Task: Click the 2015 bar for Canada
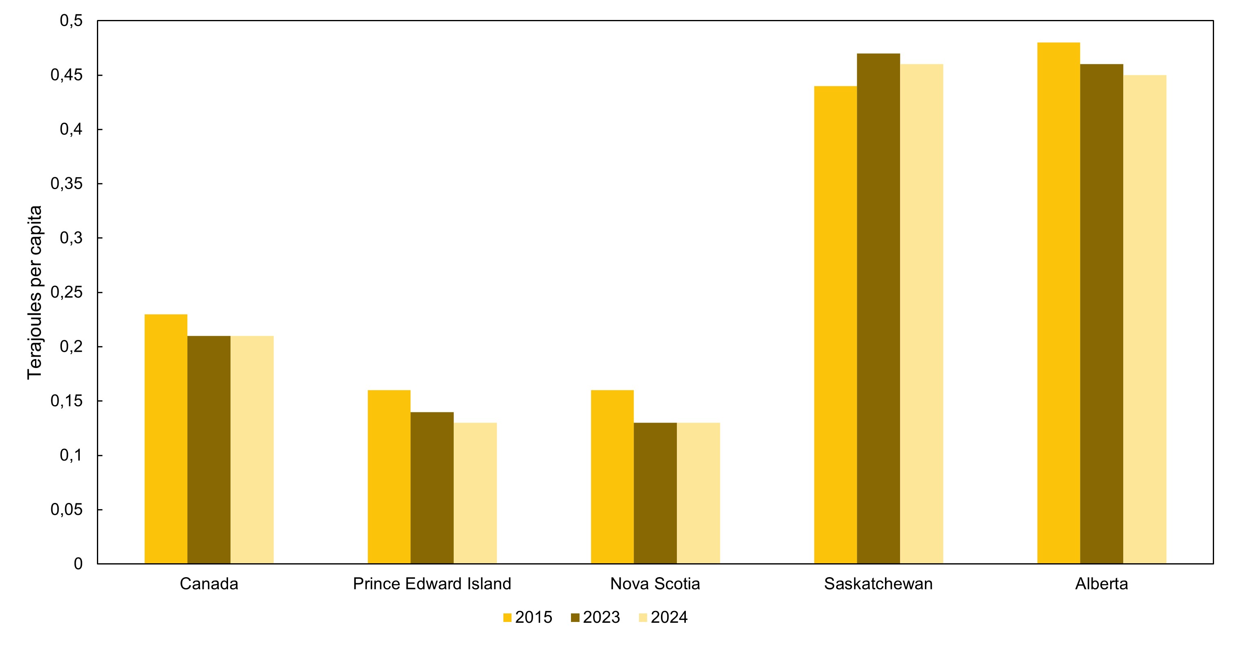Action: pyautogui.click(x=166, y=439)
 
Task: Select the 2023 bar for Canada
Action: pyautogui.click(x=209, y=450)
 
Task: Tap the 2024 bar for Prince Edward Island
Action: pyautogui.click(x=475, y=493)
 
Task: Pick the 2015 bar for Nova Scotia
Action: pyautogui.click(x=612, y=477)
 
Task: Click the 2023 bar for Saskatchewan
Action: pyautogui.click(x=878, y=309)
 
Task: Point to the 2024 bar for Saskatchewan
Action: pyautogui.click(x=922, y=314)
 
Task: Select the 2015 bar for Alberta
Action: pyautogui.click(x=1058, y=303)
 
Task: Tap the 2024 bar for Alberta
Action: pyautogui.click(x=1145, y=319)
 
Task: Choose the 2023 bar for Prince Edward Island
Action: pyautogui.click(x=432, y=488)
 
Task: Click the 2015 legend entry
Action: pyautogui.click(x=527, y=617)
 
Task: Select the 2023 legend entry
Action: pyautogui.click(x=595, y=617)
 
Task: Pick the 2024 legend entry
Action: pyautogui.click(x=663, y=617)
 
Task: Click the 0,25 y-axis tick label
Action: pyautogui.click(x=66, y=292)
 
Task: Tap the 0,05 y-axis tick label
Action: pyautogui.click(x=66, y=509)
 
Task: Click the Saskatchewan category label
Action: pyautogui.click(x=878, y=584)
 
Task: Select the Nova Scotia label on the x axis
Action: pyautogui.click(x=655, y=584)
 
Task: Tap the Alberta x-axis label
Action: pyautogui.click(x=1102, y=584)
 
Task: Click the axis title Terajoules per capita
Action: pyautogui.click(x=35, y=292)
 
